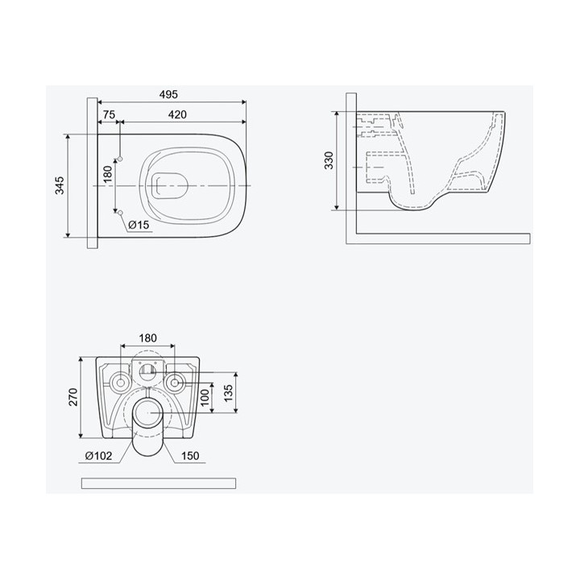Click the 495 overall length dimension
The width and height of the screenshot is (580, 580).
tap(168, 94)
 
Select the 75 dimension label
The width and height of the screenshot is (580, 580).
tap(109, 115)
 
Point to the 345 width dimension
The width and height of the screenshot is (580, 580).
tap(58, 186)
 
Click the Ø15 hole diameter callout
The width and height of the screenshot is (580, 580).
tap(139, 226)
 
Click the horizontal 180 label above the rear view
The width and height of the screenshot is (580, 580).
tap(146, 337)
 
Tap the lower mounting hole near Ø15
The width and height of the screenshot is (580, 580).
tap(119, 214)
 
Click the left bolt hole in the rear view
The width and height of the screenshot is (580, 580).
tap(120, 380)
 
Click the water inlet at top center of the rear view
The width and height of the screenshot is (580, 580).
tap(147, 371)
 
